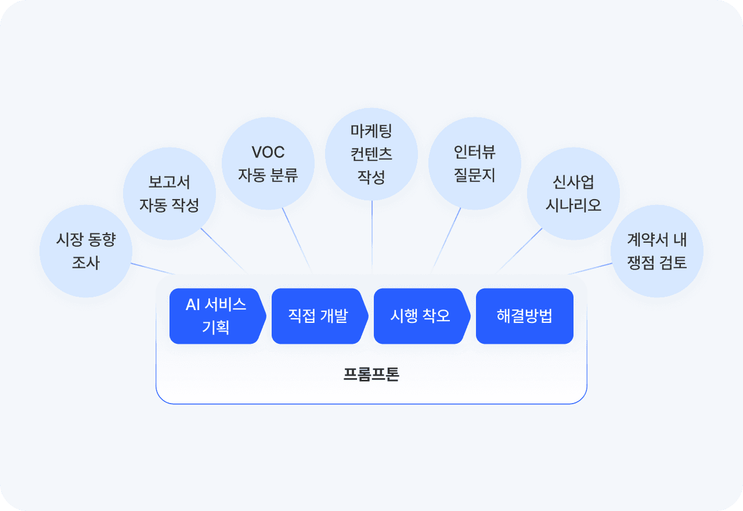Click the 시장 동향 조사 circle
click(86, 251)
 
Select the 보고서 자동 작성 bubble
click(169, 193)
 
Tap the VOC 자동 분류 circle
click(268, 164)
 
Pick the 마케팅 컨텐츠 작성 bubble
click(371, 154)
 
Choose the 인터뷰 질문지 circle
click(475, 163)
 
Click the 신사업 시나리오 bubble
click(574, 193)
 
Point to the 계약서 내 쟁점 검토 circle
click(657, 251)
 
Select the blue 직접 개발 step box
click(318, 316)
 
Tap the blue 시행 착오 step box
click(420, 316)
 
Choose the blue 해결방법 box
click(525, 316)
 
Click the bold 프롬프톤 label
click(371, 374)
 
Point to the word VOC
click(268, 153)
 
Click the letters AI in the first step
click(193, 305)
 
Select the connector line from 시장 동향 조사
click(152, 268)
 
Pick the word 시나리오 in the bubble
click(574, 205)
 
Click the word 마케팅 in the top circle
click(371, 131)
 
